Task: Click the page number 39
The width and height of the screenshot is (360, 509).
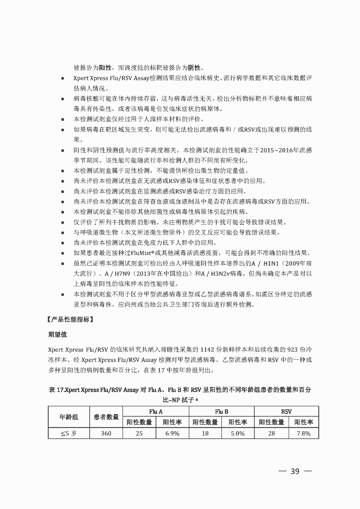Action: (295, 471)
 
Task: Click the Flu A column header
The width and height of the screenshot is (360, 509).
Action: (156, 411)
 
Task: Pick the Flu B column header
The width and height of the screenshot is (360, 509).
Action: (221, 411)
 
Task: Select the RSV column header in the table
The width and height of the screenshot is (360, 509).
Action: (286, 411)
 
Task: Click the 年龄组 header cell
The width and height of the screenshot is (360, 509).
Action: (69, 417)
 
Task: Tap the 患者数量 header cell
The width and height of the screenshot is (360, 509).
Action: (106, 417)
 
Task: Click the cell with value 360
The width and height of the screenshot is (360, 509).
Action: (106, 433)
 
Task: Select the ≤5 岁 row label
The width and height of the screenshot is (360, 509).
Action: (69, 433)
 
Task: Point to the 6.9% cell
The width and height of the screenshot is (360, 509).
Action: (172, 433)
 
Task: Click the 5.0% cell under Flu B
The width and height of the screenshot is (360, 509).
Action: (238, 433)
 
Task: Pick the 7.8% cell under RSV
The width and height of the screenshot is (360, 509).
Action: (303, 433)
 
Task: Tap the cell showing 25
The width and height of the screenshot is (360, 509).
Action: (139, 433)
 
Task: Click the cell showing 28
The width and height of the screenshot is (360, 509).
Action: (272, 433)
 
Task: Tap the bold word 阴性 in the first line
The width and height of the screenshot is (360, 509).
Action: (194, 68)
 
